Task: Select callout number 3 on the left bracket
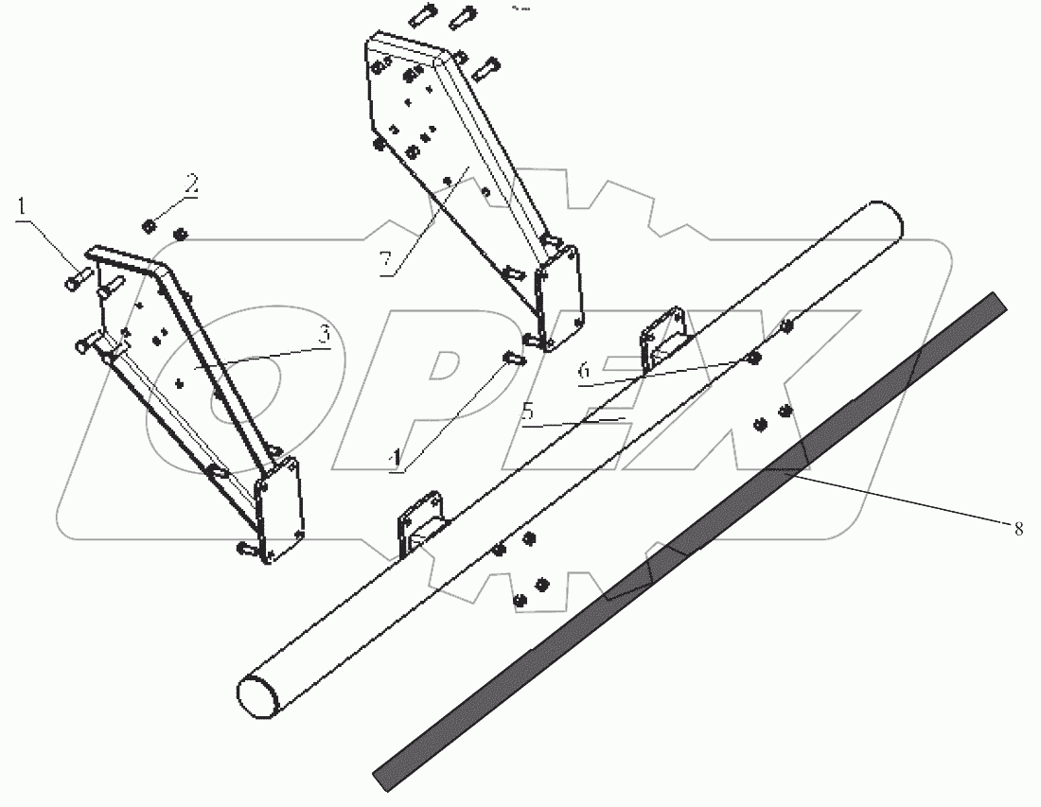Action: point(324,334)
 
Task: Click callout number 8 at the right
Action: point(1018,529)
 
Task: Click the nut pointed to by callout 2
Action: point(149,225)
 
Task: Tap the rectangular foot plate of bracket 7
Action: point(559,298)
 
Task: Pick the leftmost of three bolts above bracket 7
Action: point(423,18)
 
